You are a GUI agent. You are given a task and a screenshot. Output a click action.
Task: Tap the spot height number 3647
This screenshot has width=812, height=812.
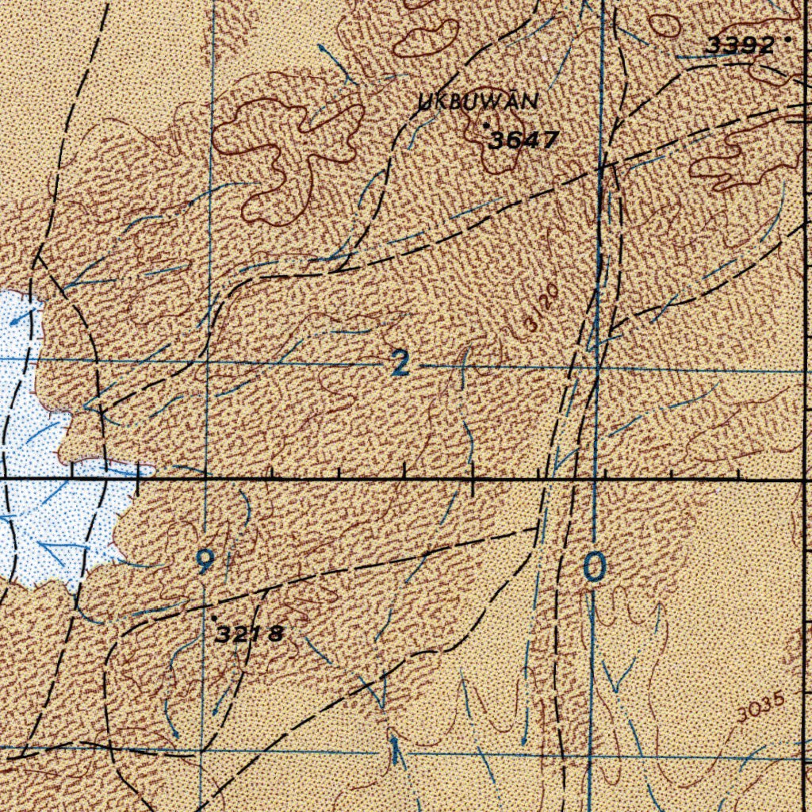click(x=523, y=141)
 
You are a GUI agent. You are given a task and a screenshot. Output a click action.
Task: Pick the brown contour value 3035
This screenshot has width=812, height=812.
click(x=759, y=708)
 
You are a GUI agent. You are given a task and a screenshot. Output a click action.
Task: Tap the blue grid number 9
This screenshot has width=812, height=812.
click(x=205, y=562)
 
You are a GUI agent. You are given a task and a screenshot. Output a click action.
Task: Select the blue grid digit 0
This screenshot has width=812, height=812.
click(x=595, y=566)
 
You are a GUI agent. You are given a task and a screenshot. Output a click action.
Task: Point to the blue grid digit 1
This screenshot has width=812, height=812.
click(x=394, y=749)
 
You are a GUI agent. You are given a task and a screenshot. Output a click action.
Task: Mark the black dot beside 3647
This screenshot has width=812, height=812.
click(x=485, y=125)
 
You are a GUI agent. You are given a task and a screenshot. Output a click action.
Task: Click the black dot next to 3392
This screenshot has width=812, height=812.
click(x=787, y=37)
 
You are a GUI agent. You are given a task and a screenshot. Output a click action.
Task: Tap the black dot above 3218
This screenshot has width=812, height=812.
click(x=213, y=617)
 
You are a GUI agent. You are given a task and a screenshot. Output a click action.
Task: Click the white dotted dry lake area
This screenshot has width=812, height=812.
click(x=48, y=515)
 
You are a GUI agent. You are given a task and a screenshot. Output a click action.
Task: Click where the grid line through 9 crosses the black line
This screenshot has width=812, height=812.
click(x=205, y=480)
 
